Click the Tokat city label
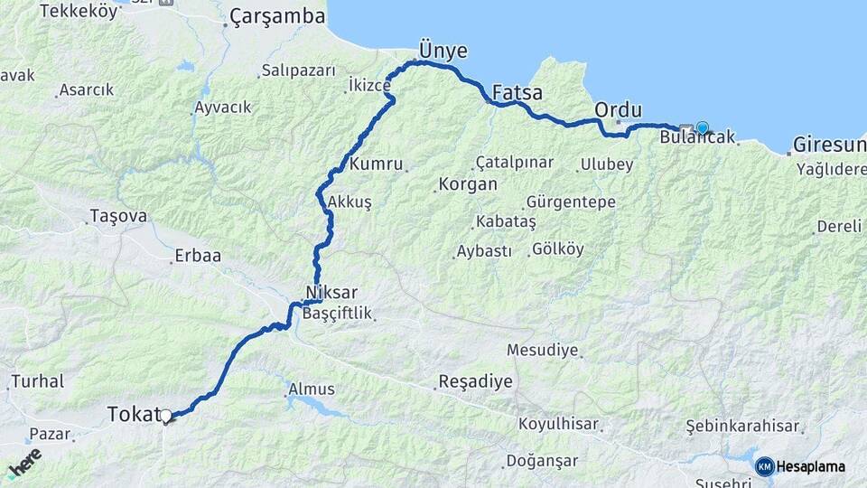pyautogui.click(x=132, y=414)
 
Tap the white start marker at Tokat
pyautogui.click(x=165, y=417)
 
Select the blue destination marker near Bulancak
pyautogui.click(x=702, y=128)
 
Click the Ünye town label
pyautogui.click(x=443, y=48)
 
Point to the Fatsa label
pyautogui.click(x=517, y=92)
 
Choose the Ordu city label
pyautogui.click(x=619, y=109)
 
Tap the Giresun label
pyautogui.click(x=829, y=145)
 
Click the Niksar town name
pyautogui.click(x=332, y=293)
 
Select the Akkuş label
pyautogui.click(x=350, y=202)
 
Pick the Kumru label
pyautogui.click(x=374, y=164)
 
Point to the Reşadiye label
pyautogui.click(x=475, y=381)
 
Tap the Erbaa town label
pyautogui.click(x=199, y=256)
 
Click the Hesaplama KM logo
pyautogui.click(x=800, y=466)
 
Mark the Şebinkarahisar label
pyautogui.click(x=743, y=426)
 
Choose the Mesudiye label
pyautogui.click(x=542, y=350)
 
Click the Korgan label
pyautogui.click(x=467, y=184)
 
